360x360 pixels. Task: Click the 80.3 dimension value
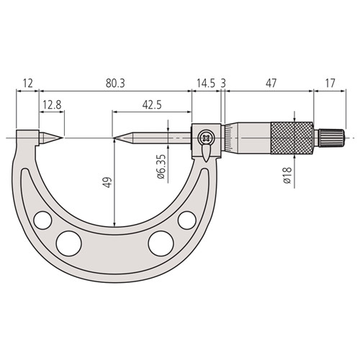pyautogui.click(x=115, y=84)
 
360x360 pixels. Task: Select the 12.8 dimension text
pyautogui.click(x=51, y=105)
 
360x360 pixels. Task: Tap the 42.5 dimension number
pyautogui.click(x=151, y=105)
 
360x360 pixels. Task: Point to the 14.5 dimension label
pyautogui.click(x=205, y=84)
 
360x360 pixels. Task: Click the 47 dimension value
pyautogui.click(x=270, y=84)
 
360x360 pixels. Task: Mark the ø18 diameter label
pyautogui.click(x=287, y=176)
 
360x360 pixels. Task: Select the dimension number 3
pyautogui.click(x=224, y=84)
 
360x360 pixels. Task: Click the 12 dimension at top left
pyautogui.click(x=27, y=84)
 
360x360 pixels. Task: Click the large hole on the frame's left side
pyautogui.click(x=70, y=241)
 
